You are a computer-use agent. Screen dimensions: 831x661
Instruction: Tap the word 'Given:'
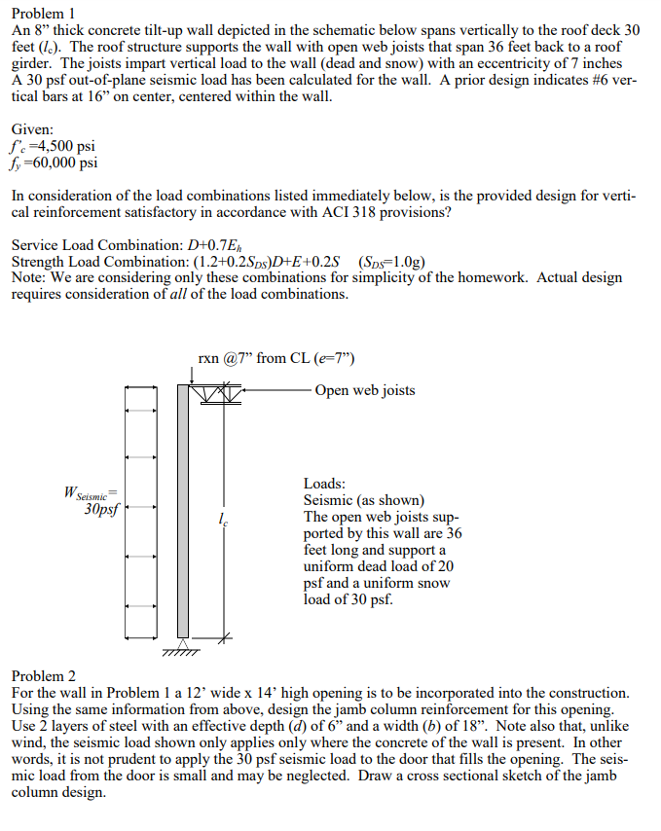(x=32, y=129)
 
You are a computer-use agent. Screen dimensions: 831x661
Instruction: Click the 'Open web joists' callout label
(x=365, y=390)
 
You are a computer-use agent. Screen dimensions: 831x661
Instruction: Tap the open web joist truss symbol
(x=217, y=392)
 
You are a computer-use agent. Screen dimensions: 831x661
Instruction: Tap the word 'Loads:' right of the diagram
(x=324, y=484)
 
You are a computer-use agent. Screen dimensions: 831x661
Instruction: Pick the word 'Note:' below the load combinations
(x=29, y=277)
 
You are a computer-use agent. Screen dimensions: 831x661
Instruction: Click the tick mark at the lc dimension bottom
(x=224, y=638)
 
